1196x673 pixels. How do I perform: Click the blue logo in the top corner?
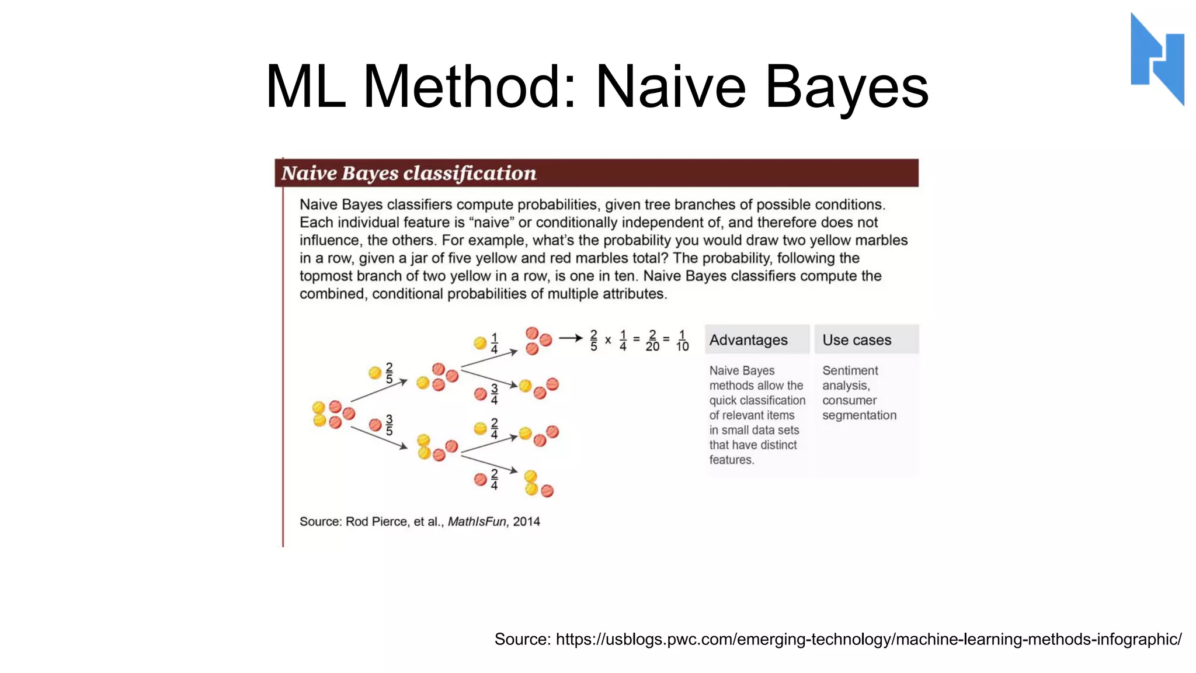click(x=1157, y=58)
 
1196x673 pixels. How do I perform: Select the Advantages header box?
click(x=757, y=339)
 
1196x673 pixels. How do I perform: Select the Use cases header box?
click(x=866, y=339)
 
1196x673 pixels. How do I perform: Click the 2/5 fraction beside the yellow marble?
click(x=390, y=373)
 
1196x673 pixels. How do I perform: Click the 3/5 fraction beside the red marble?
click(x=390, y=425)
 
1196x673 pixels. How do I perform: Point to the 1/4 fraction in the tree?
click(x=494, y=343)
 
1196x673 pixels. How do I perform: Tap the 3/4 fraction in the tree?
click(x=494, y=394)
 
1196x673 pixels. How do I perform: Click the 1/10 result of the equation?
click(x=682, y=341)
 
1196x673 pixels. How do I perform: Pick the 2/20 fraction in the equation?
click(x=652, y=341)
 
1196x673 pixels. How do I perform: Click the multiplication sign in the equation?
click(x=608, y=340)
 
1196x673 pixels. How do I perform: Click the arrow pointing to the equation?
click(x=571, y=338)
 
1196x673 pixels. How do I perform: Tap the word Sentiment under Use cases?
click(x=850, y=370)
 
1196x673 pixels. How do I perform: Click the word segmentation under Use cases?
click(x=859, y=415)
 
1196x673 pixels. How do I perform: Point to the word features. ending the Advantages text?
click(x=731, y=460)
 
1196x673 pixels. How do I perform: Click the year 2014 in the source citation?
click(x=526, y=522)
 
